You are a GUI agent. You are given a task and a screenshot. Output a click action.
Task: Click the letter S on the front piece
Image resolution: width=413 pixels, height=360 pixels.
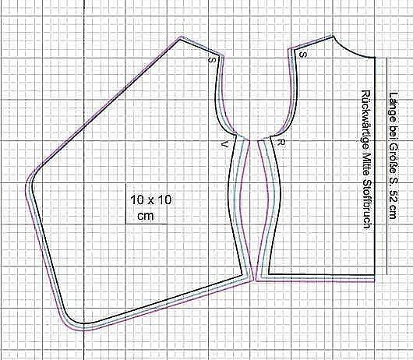212,60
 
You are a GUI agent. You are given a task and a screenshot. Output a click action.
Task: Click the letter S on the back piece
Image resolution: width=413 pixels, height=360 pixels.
303,55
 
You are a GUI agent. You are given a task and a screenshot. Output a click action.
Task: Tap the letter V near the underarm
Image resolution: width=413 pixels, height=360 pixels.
224,144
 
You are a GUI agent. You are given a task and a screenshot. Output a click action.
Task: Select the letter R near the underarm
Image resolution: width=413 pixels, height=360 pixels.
281,143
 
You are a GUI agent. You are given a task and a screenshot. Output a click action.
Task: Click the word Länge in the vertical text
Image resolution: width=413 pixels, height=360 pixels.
394,107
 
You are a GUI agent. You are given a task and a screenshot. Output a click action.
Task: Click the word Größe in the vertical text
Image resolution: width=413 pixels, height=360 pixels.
394,158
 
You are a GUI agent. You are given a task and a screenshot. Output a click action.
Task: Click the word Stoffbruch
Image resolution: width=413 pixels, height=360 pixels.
367,204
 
